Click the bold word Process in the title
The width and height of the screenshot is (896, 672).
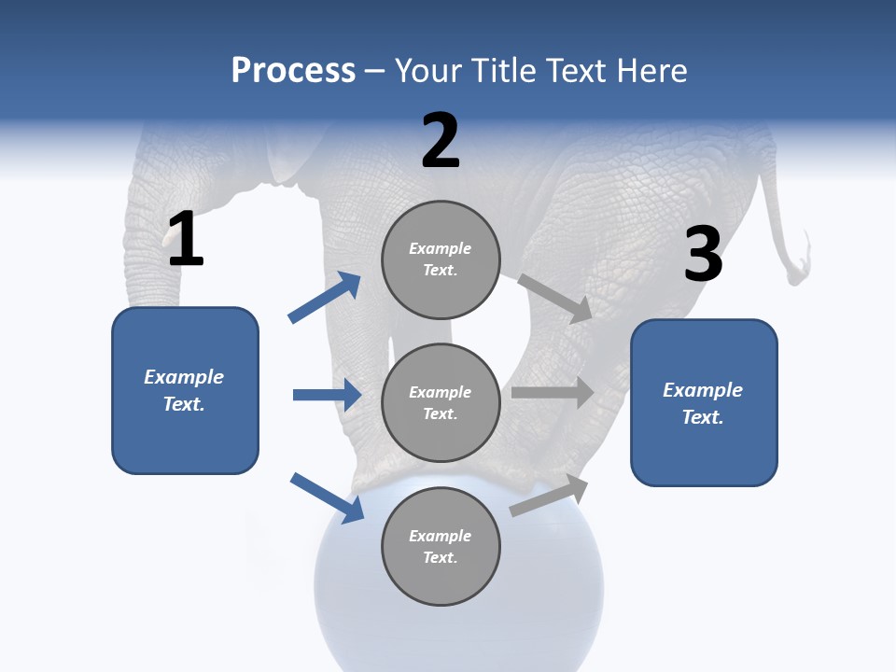pos(293,71)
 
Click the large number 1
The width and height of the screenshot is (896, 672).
pos(186,239)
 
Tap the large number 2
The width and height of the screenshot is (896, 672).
pos(441,141)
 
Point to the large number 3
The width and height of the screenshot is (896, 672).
pos(704,254)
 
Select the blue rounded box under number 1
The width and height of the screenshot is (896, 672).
pos(185,390)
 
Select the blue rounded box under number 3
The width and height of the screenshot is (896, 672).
pos(704,403)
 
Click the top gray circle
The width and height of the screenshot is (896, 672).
pos(441,259)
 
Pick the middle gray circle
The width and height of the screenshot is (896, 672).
pos(441,402)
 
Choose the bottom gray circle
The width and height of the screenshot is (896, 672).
pos(441,546)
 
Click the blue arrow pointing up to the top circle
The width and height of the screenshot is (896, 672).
pos(325,298)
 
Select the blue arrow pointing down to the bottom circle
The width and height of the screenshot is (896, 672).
pos(327,497)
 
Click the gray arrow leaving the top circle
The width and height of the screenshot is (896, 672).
pos(555,298)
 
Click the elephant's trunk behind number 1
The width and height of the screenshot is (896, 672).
pos(149,261)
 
